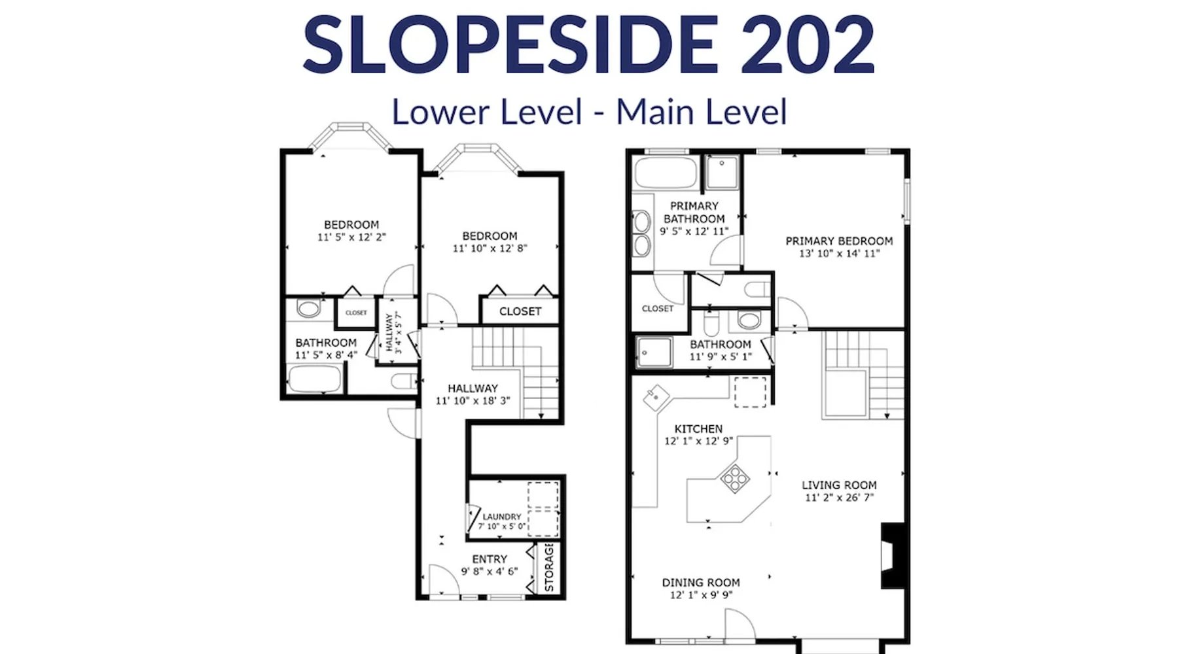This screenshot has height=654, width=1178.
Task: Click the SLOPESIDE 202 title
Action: point(588,44)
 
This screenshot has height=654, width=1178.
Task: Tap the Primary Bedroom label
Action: point(839,241)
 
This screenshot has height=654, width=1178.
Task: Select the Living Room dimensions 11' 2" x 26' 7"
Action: point(839,498)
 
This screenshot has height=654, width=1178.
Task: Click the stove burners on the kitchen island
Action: point(734,478)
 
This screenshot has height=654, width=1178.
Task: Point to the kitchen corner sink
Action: point(656,396)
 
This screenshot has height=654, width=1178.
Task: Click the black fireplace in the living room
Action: point(893,555)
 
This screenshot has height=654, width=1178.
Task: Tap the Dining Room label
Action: point(701,582)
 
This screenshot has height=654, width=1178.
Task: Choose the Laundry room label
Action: point(502,517)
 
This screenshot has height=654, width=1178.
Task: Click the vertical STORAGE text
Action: point(549,567)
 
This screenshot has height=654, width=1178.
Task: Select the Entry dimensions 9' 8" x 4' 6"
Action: point(490,572)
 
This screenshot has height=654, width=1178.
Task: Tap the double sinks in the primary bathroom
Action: point(642,233)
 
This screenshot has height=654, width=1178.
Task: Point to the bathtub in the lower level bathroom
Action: point(315,379)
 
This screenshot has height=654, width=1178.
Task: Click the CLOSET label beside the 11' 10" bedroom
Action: point(520,311)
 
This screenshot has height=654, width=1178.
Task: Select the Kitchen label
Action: point(698,428)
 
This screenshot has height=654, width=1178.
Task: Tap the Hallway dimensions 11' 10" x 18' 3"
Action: point(473,401)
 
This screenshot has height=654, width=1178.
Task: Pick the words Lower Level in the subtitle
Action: point(487,112)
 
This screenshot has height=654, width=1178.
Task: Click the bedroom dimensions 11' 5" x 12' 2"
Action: point(351,237)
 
